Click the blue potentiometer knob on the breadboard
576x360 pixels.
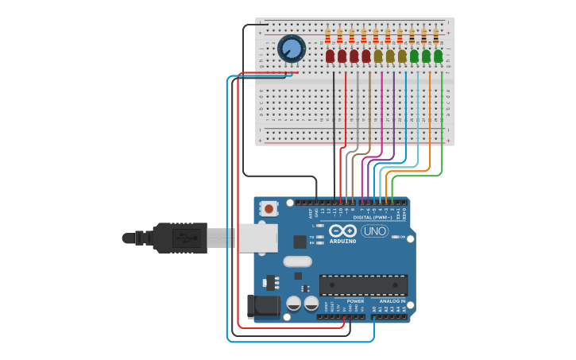pyautogui.click(x=292, y=50)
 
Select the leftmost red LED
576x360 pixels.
pyautogui.click(x=330, y=56)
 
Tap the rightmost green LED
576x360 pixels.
pyautogui.click(x=438, y=56)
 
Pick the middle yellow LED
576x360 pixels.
pyautogui.click(x=390, y=56)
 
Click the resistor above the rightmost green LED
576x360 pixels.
pyautogui.click(x=435, y=36)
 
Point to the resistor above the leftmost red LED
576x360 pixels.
pyautogui.click(x=327, y=36)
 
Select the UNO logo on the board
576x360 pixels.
pyautogui.click(x=374, y=231)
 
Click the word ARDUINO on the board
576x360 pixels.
pyautogui.click(x=342, y=240)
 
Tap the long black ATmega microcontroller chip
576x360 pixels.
pyautogui.click(x=363, y=285)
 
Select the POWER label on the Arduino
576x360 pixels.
pyautogui.click(x=355, y=301)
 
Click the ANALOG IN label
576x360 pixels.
pyautogui.click(x=392, y=301)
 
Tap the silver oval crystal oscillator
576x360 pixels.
pyautogui.click(x=296, y=261)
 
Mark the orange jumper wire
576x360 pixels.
pyautogui.click(x=430, y=119)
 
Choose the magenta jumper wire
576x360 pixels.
pyautogui.click(x=382, y=119)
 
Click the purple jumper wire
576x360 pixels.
pyautogui.click(x=394, y=119)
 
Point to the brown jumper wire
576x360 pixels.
pyautogui.click(x=369, y=119)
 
